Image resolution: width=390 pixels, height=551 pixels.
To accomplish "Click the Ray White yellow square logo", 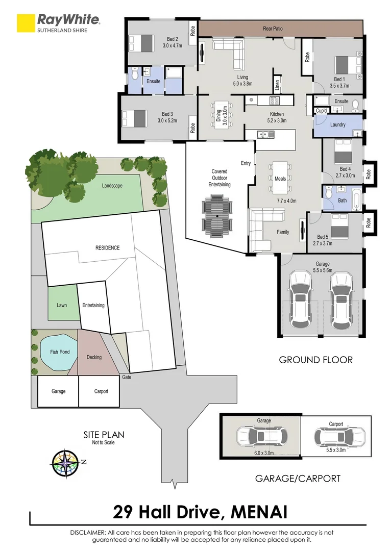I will [25, 23].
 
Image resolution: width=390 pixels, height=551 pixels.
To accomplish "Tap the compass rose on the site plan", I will [65, 463].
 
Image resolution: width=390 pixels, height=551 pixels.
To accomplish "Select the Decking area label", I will [94, 357].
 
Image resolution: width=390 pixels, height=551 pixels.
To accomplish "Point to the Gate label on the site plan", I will [127, 378].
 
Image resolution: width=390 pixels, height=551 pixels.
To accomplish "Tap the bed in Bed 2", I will [142, 40].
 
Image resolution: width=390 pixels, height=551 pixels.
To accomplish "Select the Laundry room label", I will [338, 124].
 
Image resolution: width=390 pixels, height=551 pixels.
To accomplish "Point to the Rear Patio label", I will [274, 29].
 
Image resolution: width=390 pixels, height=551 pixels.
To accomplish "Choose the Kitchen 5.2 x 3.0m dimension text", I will [277, 121].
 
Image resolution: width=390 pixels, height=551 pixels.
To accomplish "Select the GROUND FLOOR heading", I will [315, 360].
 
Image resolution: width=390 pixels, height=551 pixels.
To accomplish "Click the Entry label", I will [246, 163].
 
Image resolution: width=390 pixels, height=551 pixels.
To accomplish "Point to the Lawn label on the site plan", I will [62, 306].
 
